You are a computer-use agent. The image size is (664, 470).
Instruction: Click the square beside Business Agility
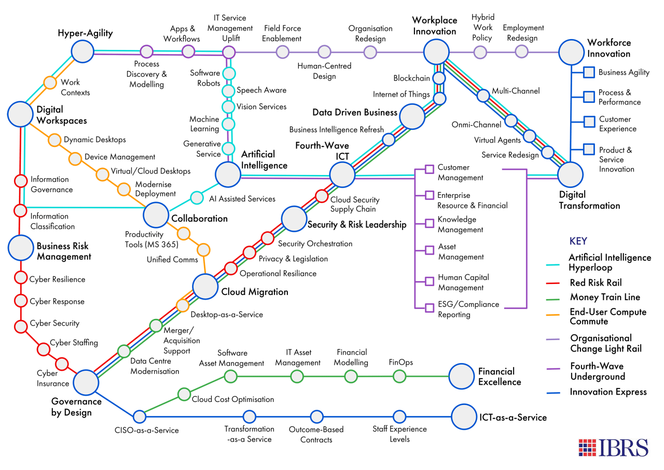tap(589, 72)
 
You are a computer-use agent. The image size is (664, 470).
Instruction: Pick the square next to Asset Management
tap(430, 250)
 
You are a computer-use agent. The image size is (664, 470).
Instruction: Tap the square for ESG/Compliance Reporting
tap(430, 307)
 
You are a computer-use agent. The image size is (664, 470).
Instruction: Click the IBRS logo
tap(613, 448)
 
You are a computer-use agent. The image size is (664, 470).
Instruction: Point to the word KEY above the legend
tap(578, 241)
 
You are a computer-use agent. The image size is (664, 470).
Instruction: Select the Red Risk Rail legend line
tap(553, 284)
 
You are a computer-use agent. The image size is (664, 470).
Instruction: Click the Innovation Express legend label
tap(608, 392)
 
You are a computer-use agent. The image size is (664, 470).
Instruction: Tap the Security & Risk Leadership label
tap(357, 224)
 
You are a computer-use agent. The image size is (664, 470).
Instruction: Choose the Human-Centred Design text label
tap(324, 71)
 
